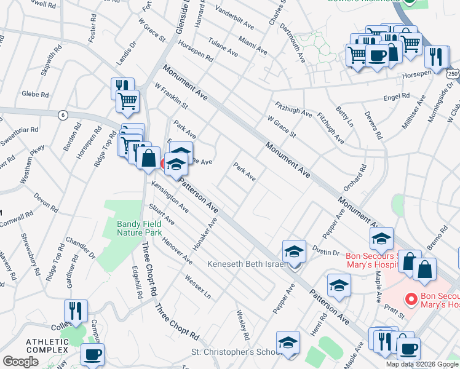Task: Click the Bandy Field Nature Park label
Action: pos(139,228)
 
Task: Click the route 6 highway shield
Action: pos(62,115)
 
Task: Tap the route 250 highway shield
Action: pos(454,73)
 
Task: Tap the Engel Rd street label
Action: pos(396,97)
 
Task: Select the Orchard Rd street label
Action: pos(360,177)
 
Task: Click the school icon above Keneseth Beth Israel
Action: pos(294,251)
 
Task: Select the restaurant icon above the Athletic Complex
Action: pos(76,311)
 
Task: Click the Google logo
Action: pos(20,362)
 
